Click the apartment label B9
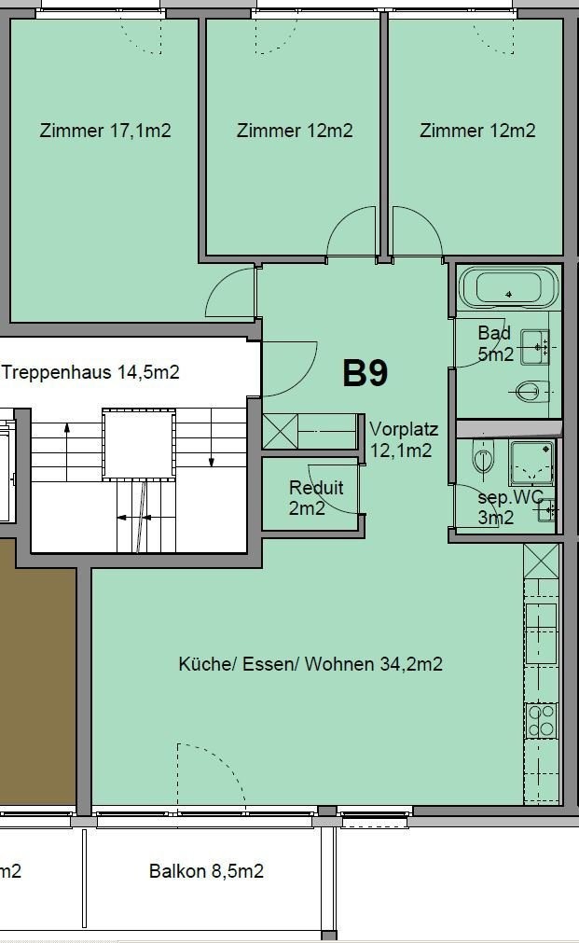point(365,373)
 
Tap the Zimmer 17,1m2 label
point(105,131)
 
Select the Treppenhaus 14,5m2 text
point(91,373)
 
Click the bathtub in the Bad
point(508,287)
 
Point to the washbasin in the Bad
point(535,346)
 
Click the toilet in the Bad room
point(529,392)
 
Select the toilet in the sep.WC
point(483,461)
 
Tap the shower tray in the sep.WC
point(531,463)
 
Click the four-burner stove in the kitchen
point(542,720)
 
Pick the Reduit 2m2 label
point(316,496)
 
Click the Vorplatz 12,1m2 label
point(403,440)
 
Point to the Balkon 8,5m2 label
point(206,871)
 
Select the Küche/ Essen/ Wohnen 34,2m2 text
point(310,664)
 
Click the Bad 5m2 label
point(495,343)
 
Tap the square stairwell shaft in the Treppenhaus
point(138,444)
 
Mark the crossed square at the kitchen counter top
point(541,562)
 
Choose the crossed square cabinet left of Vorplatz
point(280,431)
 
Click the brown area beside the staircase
point(37,672)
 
